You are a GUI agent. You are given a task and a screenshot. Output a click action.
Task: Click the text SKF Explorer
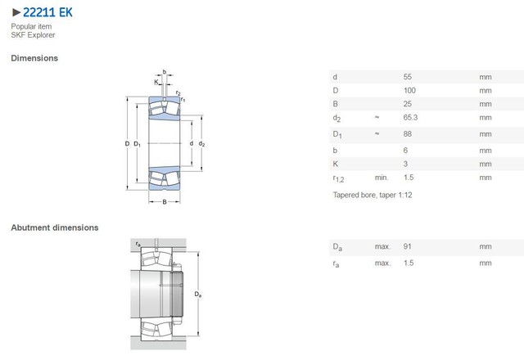[x=33, y=35]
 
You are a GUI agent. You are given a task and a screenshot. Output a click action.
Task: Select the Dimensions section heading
[x=34, y=58]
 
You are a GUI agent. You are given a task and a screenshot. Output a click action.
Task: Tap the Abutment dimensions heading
[x=55, y=227]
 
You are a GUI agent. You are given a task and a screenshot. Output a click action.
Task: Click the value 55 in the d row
[x=409, y=76]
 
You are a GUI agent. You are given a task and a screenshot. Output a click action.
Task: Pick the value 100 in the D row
[x=410, y=91]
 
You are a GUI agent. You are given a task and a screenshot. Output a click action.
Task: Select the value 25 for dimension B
[x=409, y=105]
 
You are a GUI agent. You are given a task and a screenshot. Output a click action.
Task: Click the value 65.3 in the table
[x=412, y=119]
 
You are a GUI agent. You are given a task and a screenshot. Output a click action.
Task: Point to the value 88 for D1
[x=409, y=133]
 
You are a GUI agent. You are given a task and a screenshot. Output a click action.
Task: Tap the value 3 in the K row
[x=406, y=163]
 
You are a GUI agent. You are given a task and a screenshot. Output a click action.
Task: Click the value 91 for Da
[x=409, y=246]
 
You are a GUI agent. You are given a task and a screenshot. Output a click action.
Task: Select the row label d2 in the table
[x=337, y=119]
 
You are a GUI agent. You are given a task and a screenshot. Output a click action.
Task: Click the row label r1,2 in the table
[x=339, y=178]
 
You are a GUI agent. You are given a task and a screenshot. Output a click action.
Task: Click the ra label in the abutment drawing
[x=137, y=243]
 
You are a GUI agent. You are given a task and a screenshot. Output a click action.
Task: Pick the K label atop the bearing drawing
[x=156, y=82]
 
